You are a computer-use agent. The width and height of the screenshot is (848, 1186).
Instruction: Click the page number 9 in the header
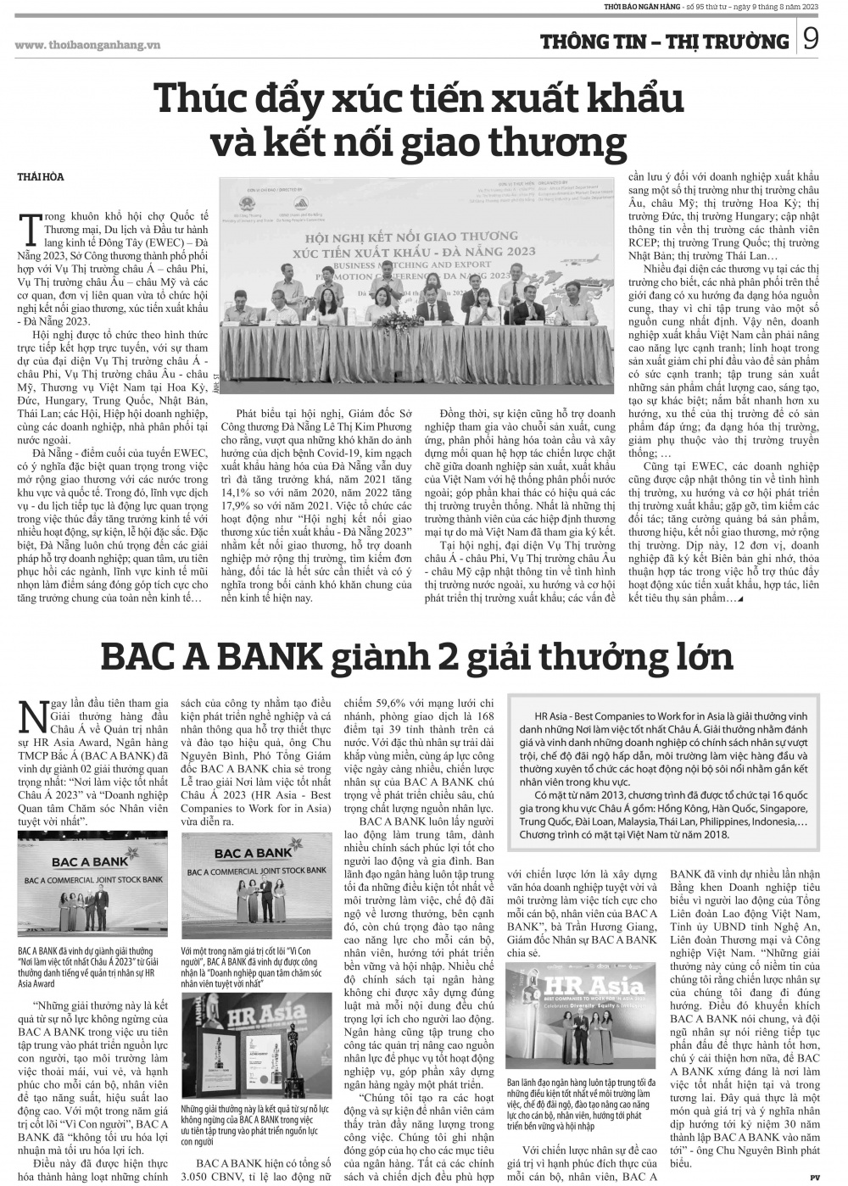point(810,41)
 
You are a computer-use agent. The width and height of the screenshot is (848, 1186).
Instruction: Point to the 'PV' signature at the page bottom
point(814,1176)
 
